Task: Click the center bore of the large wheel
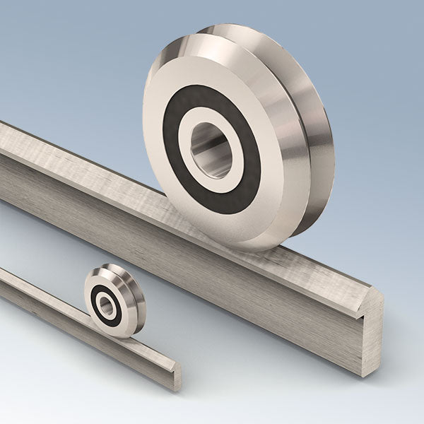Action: click(211, 150)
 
